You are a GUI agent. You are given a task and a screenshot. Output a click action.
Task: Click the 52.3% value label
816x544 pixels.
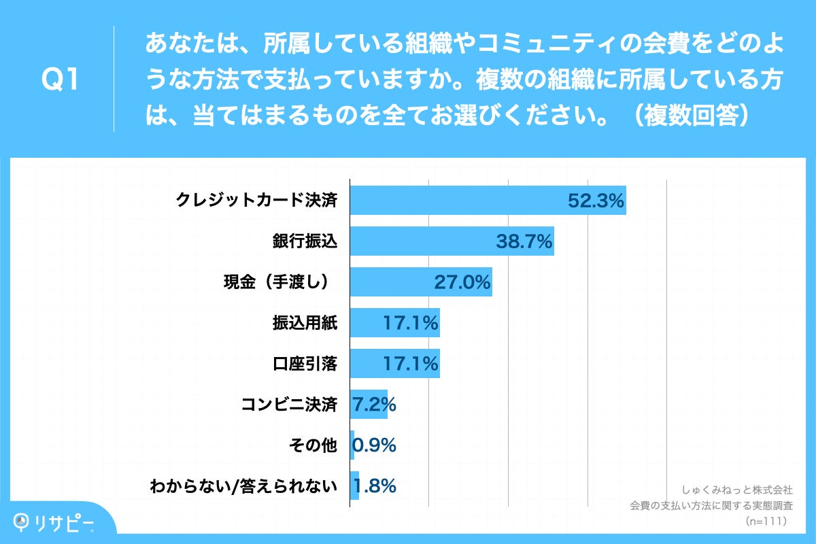click(596, 201)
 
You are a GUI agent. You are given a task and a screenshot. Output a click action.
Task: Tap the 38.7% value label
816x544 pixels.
click(524, 241)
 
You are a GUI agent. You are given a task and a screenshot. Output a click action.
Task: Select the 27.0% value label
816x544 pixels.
click(462, 282)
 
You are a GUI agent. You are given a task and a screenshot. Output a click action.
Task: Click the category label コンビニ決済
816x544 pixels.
click(290, 405)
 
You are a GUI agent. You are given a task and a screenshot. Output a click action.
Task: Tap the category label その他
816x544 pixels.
click(313, 446)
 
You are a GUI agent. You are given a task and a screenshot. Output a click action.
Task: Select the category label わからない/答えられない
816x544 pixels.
click(244, 487)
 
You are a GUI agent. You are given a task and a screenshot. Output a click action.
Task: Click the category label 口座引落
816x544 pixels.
click(305, 364)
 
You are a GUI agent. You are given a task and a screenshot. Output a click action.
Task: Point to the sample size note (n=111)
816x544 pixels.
click(766, 522)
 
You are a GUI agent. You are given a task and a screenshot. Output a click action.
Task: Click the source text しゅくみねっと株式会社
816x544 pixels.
click(737, 490)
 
